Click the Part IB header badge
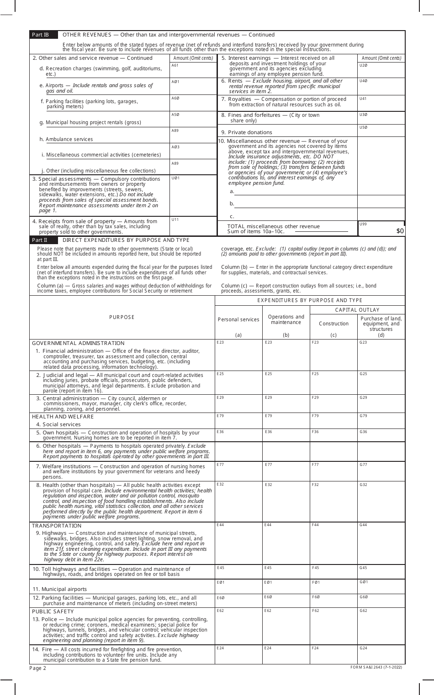44,35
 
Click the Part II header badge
44,240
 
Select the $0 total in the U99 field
381,230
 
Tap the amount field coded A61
193,71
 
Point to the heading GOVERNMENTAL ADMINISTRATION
78,343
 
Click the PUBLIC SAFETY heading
53,611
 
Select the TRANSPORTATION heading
57,526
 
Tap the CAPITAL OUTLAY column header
357,310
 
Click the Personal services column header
238,319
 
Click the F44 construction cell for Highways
333,543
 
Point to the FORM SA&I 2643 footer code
376,667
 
